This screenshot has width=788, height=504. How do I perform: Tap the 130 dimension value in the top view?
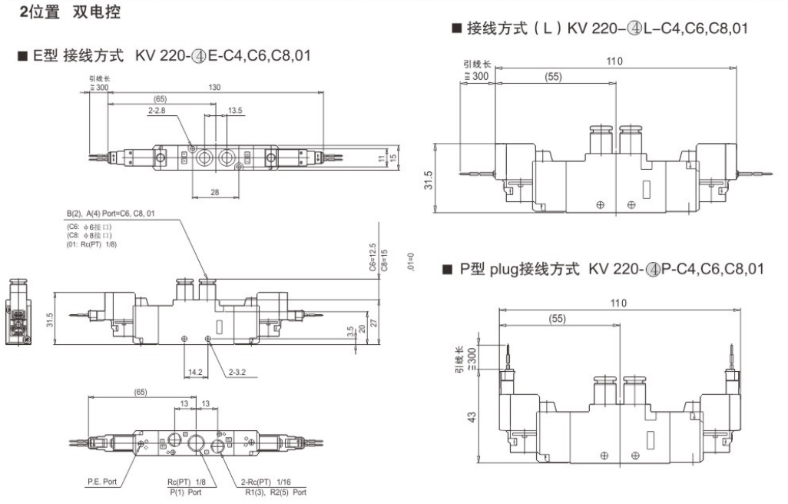214,88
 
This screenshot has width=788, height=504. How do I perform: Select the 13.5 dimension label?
235,111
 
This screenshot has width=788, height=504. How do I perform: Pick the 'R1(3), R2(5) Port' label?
276,492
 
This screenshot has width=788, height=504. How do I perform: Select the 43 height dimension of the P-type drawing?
471,417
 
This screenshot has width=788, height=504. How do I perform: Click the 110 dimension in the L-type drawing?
613,61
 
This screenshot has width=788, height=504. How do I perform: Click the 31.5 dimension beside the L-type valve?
429,180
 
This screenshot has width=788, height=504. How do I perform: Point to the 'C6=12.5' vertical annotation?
372,258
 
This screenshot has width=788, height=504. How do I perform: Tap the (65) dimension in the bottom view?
141,392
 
